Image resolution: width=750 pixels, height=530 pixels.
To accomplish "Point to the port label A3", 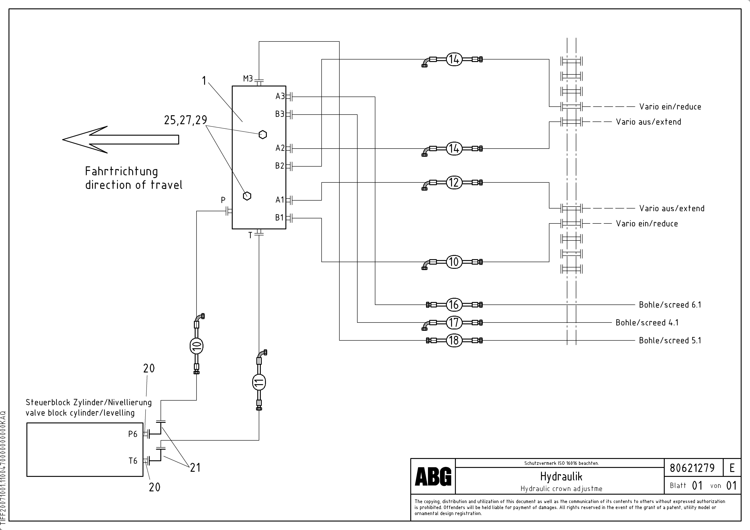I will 280,96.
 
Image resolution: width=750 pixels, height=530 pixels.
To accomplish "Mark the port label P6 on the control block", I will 133,434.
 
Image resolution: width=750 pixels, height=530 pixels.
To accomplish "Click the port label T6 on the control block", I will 133,461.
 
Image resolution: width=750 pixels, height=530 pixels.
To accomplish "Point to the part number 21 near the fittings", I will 195,468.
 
